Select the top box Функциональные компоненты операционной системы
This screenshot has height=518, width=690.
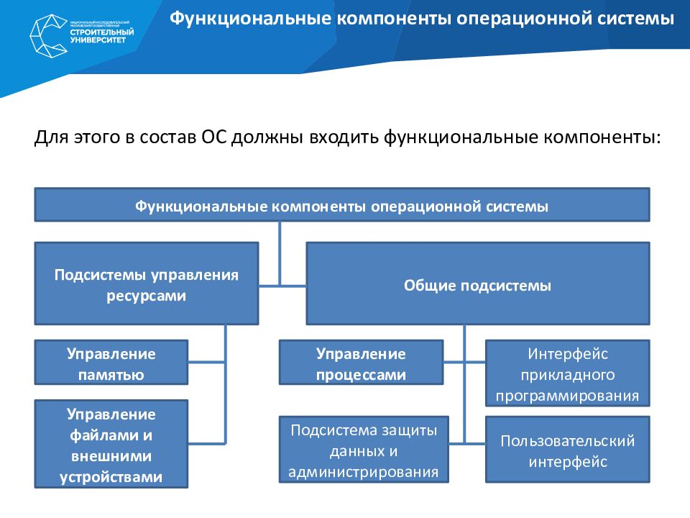click(x=342, y=206)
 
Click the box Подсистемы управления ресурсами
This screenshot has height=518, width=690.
click(x=146, y=284)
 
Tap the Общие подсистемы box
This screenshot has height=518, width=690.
click(x=477, y=285)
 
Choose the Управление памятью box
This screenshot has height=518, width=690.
click(x=111, y=364)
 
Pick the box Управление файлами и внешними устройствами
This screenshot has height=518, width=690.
click(x=111, y=445)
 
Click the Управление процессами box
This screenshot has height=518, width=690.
click(x=361, y=364)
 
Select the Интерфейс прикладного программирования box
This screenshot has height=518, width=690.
click(x=568, y=374)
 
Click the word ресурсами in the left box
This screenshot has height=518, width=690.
click(x=146, y=296)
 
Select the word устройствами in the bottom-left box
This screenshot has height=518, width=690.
click(x=111, y=476)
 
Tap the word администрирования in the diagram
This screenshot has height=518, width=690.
click(x=364, y=472)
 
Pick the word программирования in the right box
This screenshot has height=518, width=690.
click(x=568, y=395)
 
